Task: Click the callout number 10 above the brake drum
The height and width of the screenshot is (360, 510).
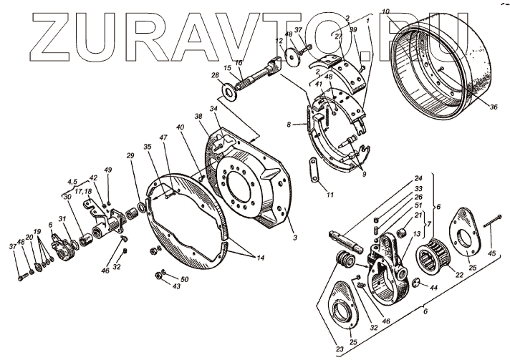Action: point(405,11)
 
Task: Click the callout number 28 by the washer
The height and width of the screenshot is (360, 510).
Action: point(215,74)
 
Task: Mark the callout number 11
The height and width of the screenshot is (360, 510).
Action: point(330,195)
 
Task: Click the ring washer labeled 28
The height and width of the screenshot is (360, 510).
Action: point(230,90)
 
